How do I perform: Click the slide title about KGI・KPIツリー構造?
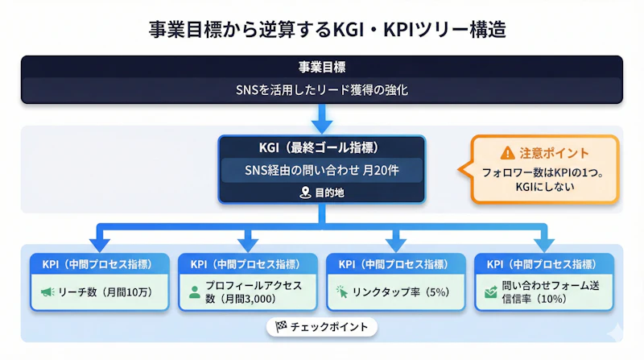tap(322, 30)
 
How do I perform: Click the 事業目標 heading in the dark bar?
tap(321, 67)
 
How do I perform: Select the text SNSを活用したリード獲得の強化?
tap(321, 90)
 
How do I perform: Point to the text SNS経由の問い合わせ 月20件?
tap(321, 170)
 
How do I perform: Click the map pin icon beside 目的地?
tap(304, 193)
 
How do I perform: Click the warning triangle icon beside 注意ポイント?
tap(506, 152)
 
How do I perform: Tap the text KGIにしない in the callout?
tap(543, 187)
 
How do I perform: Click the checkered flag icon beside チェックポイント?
tap(281, 327)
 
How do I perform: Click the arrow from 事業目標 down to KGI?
tap(321, 118)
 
